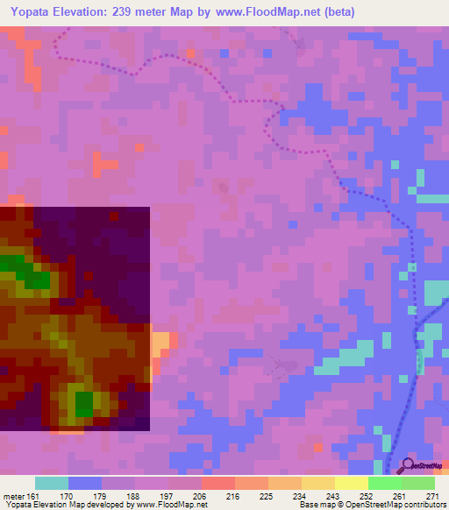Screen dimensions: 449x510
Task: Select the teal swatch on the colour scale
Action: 51,483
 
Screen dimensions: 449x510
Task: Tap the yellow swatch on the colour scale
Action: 351,483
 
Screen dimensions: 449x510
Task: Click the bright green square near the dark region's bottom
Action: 84,404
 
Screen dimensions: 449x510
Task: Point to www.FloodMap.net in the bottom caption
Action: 172,505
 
